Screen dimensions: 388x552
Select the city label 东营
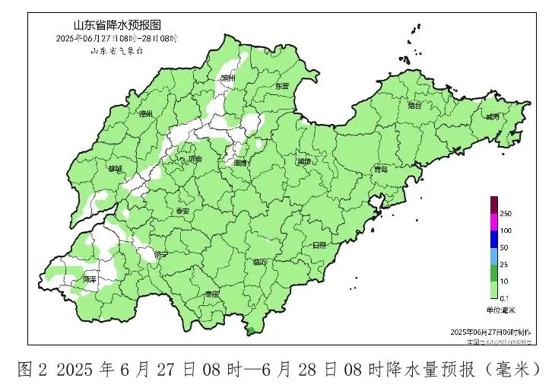[281, 86]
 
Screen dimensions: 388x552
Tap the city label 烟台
[414, 106]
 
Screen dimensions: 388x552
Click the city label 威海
[492, 117]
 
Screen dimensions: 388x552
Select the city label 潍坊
[304, 161]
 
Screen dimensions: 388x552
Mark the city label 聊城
[115, 169]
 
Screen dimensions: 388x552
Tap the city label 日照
[319, 245]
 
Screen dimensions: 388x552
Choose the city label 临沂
[260, 262]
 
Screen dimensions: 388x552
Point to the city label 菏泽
[90, 280]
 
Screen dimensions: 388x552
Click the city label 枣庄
[211, 294]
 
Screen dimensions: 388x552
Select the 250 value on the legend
[505, 214]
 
